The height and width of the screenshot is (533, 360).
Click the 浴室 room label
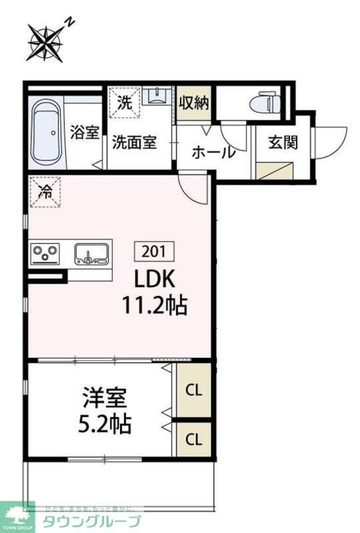85,132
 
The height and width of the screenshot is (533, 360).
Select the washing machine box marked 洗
125,103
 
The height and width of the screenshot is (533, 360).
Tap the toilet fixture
265,101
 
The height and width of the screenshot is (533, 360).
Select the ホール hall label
214,152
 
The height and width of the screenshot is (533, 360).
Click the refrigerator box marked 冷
46,192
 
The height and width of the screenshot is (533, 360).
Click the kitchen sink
92,253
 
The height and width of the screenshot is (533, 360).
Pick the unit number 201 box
157,250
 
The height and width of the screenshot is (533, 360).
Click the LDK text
153,280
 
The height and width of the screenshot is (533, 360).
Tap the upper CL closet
193,390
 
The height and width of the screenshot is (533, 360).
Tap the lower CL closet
193,439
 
